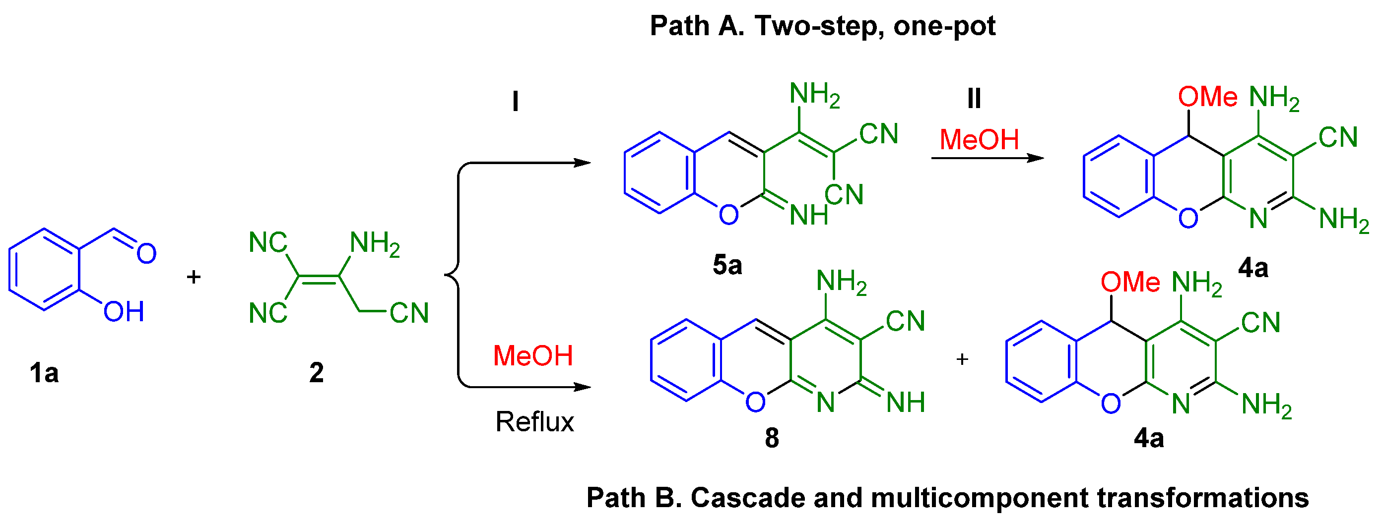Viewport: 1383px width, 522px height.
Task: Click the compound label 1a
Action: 44,372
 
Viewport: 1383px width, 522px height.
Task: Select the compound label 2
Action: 316,372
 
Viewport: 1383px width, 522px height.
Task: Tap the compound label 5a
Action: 727,265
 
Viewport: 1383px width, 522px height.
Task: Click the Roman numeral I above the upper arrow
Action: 516,101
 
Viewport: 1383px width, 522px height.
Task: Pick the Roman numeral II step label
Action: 974,99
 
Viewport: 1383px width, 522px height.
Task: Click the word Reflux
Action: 534,422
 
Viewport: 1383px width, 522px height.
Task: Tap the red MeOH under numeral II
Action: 979,139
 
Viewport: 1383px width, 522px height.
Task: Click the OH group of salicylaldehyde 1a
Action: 124,312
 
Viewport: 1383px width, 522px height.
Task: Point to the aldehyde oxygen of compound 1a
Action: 146,253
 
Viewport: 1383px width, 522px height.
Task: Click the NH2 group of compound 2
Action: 374,243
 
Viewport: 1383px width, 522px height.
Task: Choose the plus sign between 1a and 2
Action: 193,277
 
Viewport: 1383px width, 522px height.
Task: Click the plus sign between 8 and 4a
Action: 962,359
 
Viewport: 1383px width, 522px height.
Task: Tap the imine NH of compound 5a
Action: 808,215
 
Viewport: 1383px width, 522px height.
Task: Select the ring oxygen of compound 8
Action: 755,402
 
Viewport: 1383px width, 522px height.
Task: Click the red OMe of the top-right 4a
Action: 1207,97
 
